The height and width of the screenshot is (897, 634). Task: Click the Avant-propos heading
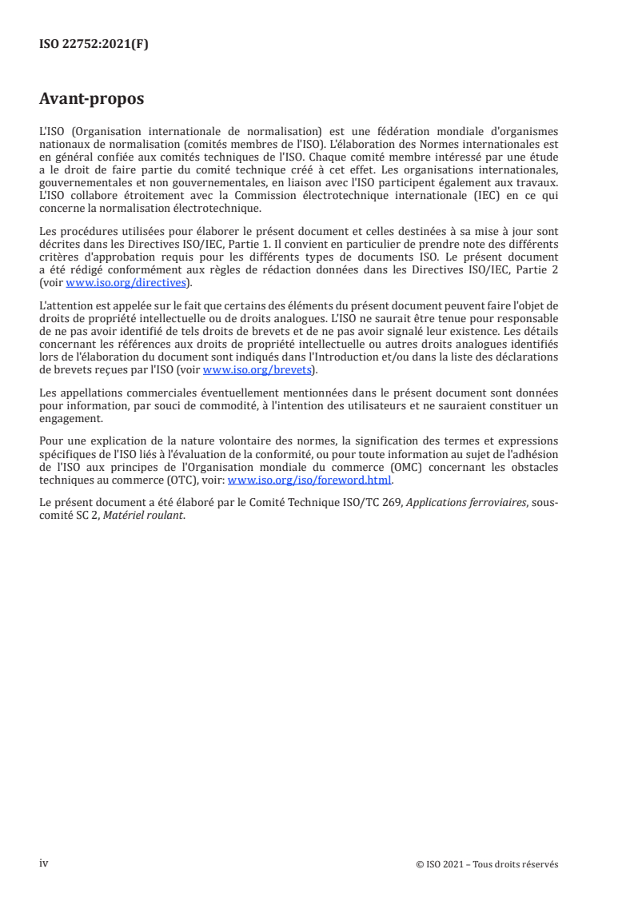91,99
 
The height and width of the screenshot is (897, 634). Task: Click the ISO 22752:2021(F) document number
94,45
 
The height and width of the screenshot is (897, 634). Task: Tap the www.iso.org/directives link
148,283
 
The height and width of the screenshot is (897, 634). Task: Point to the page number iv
44,863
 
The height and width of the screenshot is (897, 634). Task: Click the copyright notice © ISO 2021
487,864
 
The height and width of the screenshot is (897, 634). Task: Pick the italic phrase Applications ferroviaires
461,503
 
